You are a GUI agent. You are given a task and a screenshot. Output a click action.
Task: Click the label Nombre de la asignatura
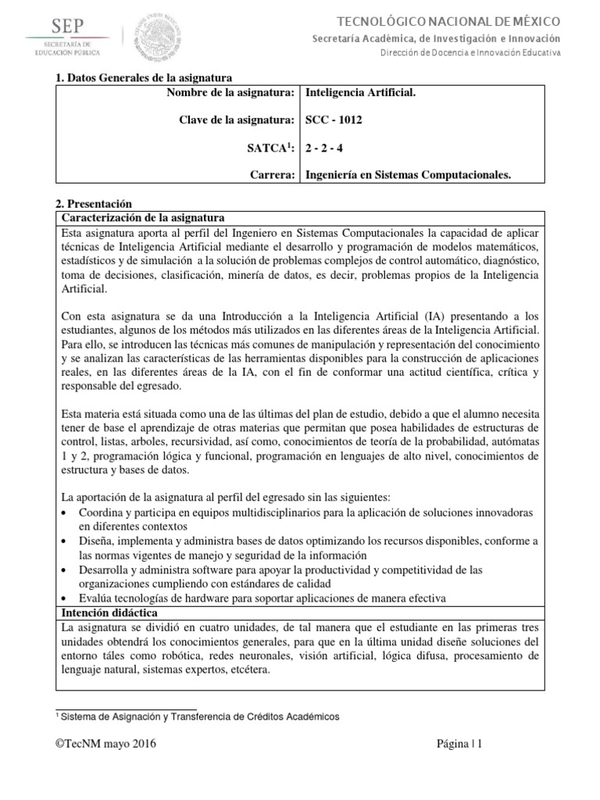(x=230, y=93)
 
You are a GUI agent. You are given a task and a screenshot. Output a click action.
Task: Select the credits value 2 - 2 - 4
(x=324, y=148)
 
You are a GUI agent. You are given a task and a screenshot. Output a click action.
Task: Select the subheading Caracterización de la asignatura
(x=143, y=216)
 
